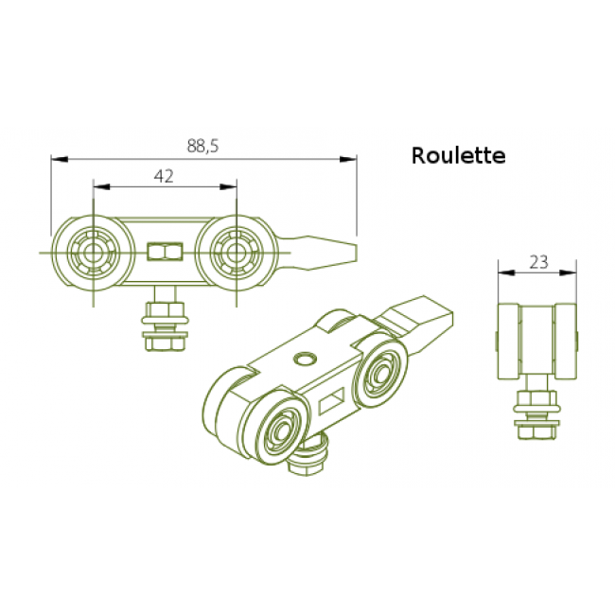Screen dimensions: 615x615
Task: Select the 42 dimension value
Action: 164,175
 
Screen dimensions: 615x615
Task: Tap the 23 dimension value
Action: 538,263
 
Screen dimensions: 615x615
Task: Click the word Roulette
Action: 458,156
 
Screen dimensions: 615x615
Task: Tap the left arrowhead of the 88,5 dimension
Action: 57,159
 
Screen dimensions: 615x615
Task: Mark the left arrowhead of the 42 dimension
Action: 98,186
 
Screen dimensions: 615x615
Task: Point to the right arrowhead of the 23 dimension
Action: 574,272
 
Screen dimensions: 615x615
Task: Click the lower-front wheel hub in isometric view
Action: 281,431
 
